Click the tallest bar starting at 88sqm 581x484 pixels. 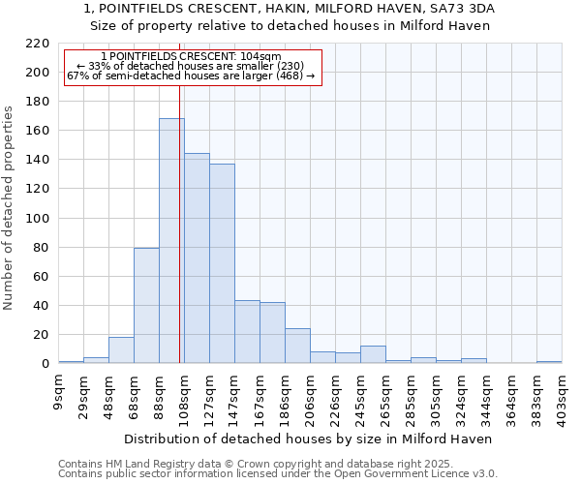[171, 241]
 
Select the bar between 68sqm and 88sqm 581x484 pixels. [146, 306]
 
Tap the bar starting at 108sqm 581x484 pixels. [197, 258]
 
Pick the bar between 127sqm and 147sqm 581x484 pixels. [222, 263]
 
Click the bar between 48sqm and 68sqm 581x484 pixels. [121, 350]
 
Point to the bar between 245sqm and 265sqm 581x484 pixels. [373, 354]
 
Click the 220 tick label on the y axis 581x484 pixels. [38, 44]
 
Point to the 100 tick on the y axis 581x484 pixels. [38, 219]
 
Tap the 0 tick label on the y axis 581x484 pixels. [45, 364]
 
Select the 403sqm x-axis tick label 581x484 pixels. [563, 399]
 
